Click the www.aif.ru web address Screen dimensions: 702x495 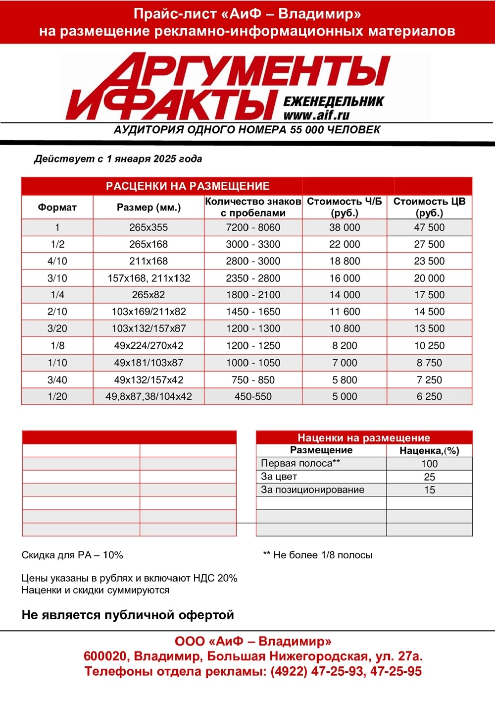tap(316, 115)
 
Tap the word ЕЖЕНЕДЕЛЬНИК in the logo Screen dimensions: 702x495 tap(333, 102)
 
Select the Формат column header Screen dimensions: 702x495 tap(57, 207)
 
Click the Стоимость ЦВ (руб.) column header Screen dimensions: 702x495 tap(429, 207)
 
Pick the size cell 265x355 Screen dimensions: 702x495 tap(148, 227)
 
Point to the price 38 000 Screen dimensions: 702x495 tap(345, 227)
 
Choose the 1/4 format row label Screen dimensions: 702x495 tap(57, 295)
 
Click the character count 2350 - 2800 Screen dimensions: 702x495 tap(253, 278)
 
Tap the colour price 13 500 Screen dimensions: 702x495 tap(429, 328)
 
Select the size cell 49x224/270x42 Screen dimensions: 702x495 tap(148, 345)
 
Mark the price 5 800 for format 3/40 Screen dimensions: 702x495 tap(345, 380)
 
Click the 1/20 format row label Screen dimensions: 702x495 tap(57, 396)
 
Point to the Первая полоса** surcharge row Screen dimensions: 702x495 tap(300, 463)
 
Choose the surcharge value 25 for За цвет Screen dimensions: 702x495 tap(429, 477)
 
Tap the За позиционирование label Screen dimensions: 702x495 tap(312, 489)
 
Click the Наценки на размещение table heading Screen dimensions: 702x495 tap(363, 437)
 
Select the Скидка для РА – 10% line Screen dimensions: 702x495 tap(72, 555)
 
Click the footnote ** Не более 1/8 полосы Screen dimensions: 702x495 tap(317, 555)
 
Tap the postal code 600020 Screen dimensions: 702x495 tap(104, 656)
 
